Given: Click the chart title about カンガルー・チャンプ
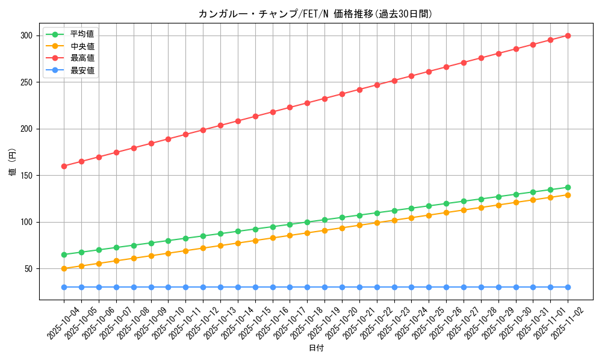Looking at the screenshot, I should pyautogui.click(x=315, y=14).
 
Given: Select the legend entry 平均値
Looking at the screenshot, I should pyautogui.click(x=82, y=34).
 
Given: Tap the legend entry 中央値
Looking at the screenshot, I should pyautogui.click(x=82, y=46).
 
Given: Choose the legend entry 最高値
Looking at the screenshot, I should pyautogui.click(x=82, y=58).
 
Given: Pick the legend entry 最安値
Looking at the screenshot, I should pyautogui.click(x=82, y=70).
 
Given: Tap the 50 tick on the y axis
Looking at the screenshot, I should pyautogui.click(x=27, y=269).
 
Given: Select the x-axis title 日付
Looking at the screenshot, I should pyautogui.click(x=316, y=348).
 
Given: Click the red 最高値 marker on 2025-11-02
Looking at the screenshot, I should pyautogui.click(x=568, y=35).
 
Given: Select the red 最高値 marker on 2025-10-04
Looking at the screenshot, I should pyautogui.click(x=64, y=166).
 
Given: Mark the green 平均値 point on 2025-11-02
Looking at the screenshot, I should pyautogui.click(x=568, y=187).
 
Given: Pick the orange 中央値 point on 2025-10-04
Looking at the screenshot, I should pyautogui.click(x=64, y=268).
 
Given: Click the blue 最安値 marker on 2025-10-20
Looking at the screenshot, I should pyautogui.click(x=342, y=287).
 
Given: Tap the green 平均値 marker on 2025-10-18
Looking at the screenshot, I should pyautogui.click(x=307, y=222).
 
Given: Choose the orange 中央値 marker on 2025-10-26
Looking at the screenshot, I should pyautogui.click(x=446, y=212).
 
